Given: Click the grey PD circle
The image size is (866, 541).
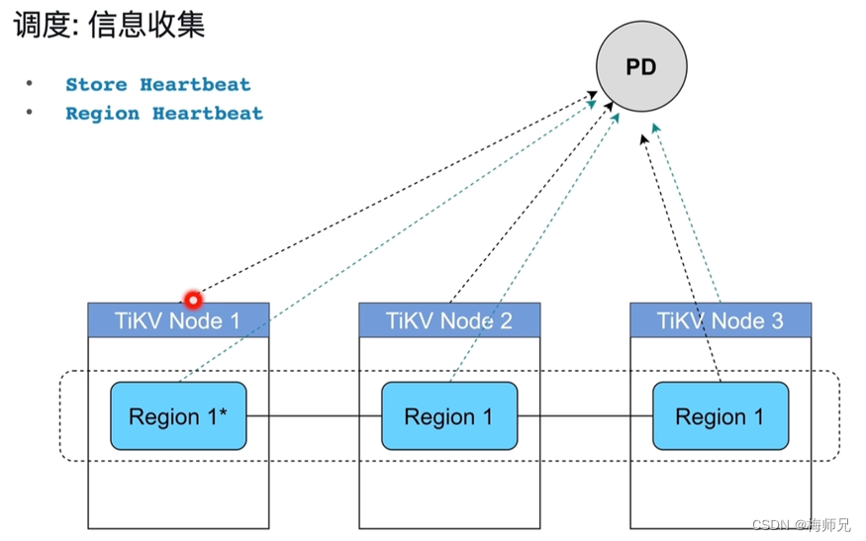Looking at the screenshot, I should point(640,67).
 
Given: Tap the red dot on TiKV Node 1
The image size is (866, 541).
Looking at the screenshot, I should point(193,299).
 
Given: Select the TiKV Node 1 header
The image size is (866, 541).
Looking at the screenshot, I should point(178,320).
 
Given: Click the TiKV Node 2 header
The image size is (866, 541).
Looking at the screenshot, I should point(449,320).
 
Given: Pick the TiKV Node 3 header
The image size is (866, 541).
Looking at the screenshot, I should point(721,320).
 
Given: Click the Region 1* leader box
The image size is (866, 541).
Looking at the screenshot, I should point(178,416).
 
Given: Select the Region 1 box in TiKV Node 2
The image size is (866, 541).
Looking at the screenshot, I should point(449,416).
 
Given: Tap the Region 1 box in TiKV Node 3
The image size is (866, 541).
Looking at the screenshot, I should point(720,416).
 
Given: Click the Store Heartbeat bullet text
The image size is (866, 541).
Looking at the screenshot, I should point(157,85).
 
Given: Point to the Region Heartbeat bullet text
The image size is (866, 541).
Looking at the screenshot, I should point(164,114).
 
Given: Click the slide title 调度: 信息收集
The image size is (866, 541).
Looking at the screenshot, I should point(109,25).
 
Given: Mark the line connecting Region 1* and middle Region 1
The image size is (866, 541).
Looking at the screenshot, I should point(314,416).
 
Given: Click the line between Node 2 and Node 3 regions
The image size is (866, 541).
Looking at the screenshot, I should point(585,416).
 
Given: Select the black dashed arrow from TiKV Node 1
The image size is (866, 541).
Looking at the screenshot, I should point(396,193).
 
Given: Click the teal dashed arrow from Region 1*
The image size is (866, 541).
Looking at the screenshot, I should point(386,242).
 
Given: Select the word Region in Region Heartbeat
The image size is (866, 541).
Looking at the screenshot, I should point(103,114).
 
